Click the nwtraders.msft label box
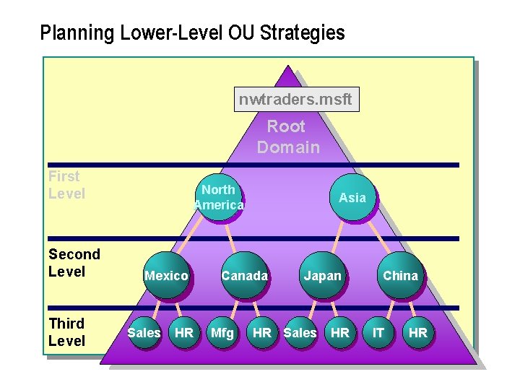(x=296, y=100)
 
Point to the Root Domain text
(x=287, y=136)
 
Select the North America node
(x=219, y=197)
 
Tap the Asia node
(x=352, y=197)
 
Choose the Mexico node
(x=167, y=275)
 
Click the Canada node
(x=244, y=275)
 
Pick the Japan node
(x=322, y=275)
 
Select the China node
(x=400, y=275)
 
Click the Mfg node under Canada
(x=222, y=332)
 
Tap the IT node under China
(x=378, y=332)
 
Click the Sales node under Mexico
(x=144, y=332)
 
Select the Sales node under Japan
(x=300, y=332)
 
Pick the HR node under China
(x=418, y=332)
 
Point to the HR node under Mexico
(x=184, y=332)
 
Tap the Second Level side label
(x=74, y=263)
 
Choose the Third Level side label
(x=66, y=332)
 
